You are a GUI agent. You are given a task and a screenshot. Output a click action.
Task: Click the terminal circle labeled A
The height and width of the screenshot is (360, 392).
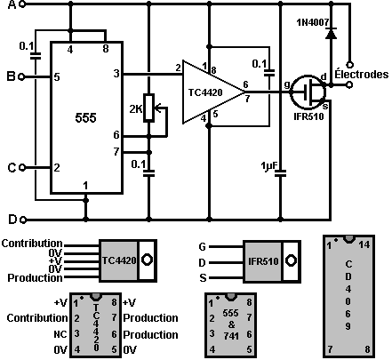coord(24,4)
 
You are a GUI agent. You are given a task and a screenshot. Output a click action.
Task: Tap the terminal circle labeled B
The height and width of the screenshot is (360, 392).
coord(21,77)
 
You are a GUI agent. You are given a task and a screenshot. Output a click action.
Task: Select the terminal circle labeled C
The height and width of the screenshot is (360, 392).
coord(22,168)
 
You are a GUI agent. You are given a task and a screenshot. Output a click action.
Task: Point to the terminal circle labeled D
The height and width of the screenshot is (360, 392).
coord(23,220)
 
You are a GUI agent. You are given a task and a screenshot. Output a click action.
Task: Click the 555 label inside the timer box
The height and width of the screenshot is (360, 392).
coord(85,118)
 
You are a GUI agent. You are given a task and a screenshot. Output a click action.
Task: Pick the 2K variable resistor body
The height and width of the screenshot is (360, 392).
coord(148,108)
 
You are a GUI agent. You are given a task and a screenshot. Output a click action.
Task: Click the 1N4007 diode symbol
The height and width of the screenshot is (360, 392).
coord(331,33)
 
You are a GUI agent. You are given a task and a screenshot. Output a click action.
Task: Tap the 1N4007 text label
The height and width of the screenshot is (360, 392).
coord(313,22)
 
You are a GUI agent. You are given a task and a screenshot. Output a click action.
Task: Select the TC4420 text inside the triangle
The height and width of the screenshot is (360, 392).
coord(205,92)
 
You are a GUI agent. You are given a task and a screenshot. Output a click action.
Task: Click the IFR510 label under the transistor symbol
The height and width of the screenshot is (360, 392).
coord(308,116)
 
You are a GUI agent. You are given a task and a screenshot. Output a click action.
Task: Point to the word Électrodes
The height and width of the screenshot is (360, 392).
coord(362,74)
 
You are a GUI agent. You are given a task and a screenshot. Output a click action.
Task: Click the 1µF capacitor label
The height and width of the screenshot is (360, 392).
coord(268,166)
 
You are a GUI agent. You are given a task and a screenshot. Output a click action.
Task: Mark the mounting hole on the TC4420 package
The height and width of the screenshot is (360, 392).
coord(147,260)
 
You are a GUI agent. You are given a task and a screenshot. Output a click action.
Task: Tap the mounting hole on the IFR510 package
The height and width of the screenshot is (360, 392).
coord(291,260)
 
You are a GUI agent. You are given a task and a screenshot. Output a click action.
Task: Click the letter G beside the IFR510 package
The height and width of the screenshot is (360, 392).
coord(203,247)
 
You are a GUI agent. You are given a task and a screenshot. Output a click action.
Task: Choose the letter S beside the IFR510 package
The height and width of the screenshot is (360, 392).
coord(203,278)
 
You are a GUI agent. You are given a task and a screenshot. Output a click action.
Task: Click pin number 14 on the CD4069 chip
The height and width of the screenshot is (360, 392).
coord(364,245)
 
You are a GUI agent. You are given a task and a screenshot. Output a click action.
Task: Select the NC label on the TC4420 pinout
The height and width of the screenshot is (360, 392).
coord(60,334)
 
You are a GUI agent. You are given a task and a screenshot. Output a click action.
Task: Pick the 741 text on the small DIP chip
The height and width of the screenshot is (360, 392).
coord(231,336)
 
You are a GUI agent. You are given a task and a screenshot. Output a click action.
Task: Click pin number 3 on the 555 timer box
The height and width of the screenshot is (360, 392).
coord(116,73)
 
